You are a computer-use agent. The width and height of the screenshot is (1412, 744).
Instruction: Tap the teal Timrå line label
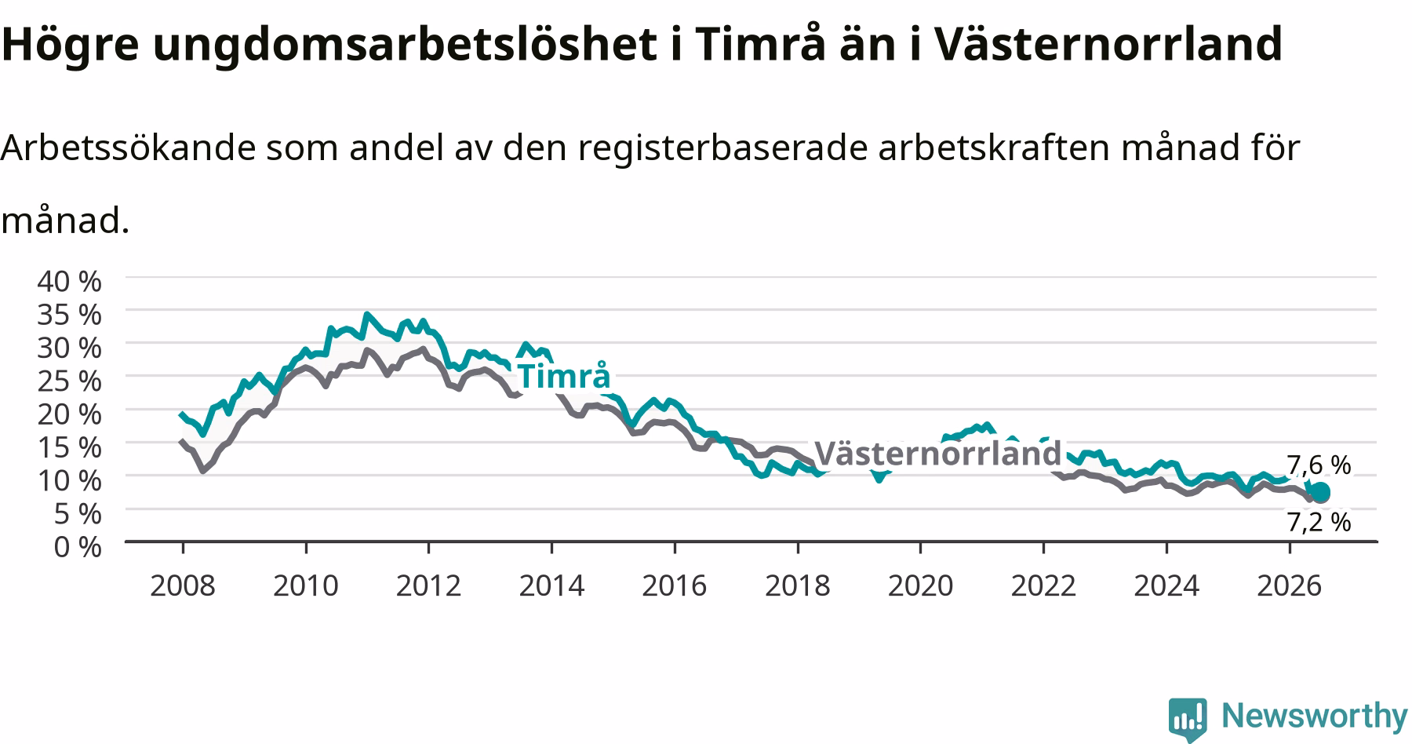click(x=563, y=377)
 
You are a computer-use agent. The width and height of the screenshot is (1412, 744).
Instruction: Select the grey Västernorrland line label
click(x=938, y=454)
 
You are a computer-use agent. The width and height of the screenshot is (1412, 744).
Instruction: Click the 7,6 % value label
click(x=1319, y=465)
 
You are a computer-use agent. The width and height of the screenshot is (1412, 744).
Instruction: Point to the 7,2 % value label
click(x=1319, y=522)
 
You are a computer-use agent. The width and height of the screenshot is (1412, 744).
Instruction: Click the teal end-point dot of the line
click(x=1320, y=492)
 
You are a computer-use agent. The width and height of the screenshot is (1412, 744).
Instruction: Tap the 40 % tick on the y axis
click(x=69, y=280)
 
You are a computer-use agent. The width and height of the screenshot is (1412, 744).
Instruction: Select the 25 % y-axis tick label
click(x=69, y=380)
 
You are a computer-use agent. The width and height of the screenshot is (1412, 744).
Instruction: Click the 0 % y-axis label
click(x=78, y=546)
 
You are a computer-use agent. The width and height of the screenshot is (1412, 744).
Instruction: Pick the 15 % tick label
click(x=69, y=447)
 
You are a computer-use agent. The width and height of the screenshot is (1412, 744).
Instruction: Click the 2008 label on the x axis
click(x=182, y=585)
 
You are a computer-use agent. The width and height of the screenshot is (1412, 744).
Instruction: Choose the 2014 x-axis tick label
click(x=551, y=585)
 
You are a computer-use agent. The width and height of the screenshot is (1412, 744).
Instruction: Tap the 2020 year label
click(x=920, y=585)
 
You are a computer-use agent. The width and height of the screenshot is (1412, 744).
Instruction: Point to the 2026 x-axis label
click(x=1290, y=585)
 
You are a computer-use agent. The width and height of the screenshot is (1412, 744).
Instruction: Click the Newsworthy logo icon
click(x=1188, y=719)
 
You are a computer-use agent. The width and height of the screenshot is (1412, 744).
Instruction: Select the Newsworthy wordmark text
click(x=1315, y=716)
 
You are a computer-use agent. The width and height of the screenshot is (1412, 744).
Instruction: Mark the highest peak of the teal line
click(x=366, y=315)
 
